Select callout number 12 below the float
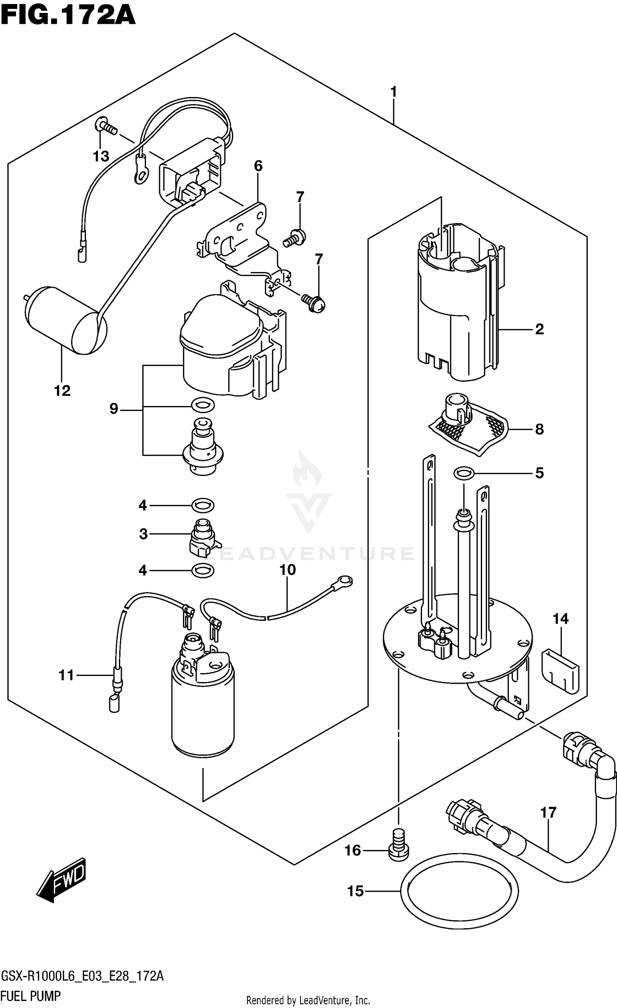(x=62, y=390)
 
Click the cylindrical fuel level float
(x=66, y=321)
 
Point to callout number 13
(x=101, y=156)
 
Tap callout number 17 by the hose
(x=548, y=813)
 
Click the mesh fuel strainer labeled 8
(x=469, y=428)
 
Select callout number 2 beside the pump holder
(x=539, y=329)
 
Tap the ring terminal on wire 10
(x=344, y=581)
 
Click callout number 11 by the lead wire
(x=66, y=675)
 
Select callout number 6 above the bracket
(x=258, y=166)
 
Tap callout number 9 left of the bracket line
(x=114, y=409)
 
